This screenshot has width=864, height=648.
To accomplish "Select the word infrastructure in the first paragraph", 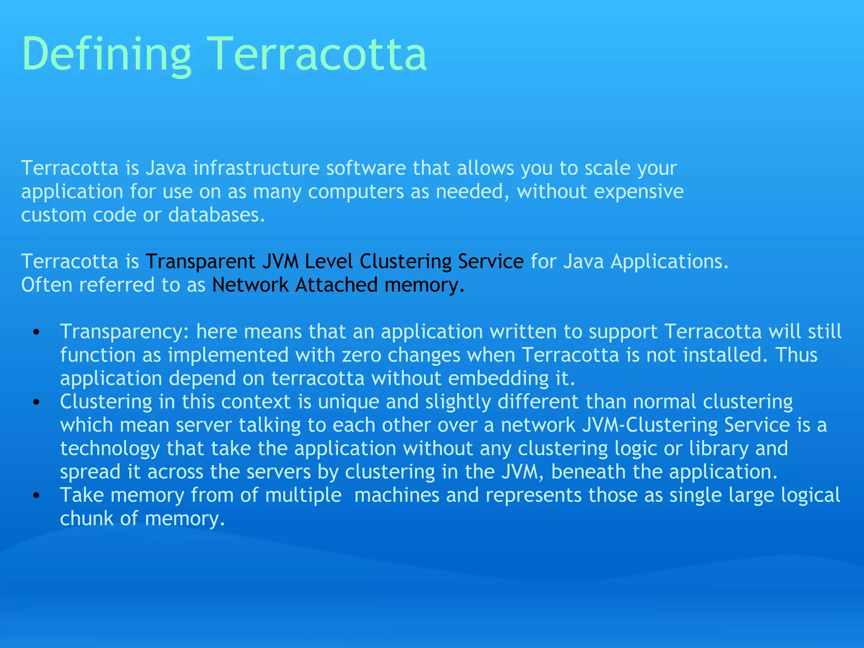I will tap(256, 168).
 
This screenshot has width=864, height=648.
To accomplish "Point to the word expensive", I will tap(638, 192).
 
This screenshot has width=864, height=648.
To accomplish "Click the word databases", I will tap(216, 215).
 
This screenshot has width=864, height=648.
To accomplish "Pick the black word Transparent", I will tap(200, 262).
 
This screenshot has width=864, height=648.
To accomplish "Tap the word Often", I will tap(47, 285).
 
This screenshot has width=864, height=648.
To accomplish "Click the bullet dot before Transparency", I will tap(37, 332).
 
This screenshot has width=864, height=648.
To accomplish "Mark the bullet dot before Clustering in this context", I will tap(37, 402).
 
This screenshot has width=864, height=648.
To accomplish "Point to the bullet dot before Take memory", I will tap(37, 496).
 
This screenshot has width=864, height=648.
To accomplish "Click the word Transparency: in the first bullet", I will tap(124, 332).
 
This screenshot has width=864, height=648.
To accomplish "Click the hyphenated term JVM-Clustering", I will tap(650, 425).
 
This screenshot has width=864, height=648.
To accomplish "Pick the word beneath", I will tap(589, 472).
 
